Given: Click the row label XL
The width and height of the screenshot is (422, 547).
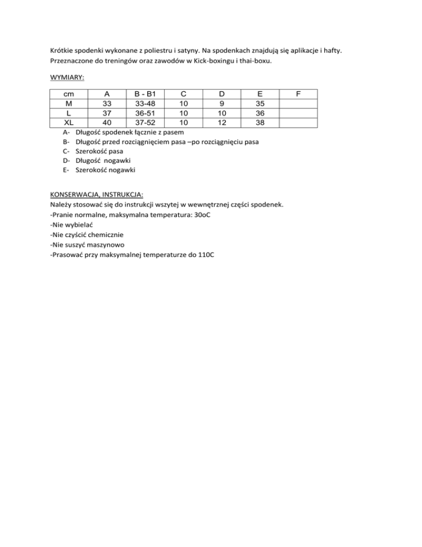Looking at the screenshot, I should pos(69,122).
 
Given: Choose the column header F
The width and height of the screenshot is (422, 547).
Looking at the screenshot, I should pos(298,94).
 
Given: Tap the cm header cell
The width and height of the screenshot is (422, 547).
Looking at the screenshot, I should pos(69,94).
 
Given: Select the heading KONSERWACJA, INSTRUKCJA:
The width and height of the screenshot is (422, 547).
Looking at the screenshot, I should pos(96,195).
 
